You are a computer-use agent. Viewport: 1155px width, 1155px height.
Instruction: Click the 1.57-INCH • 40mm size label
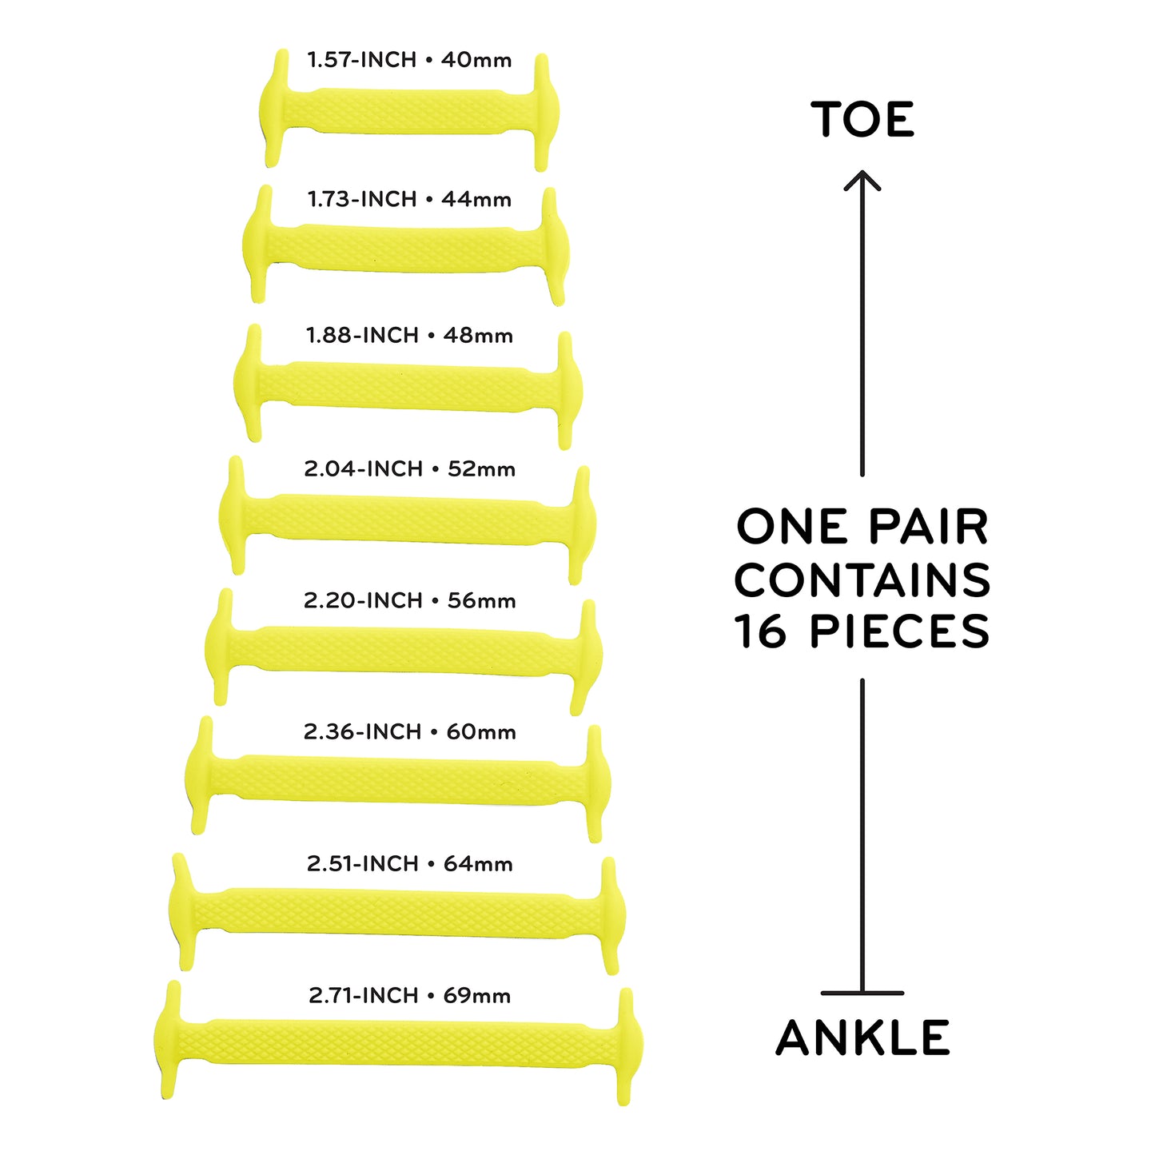pos(409,60)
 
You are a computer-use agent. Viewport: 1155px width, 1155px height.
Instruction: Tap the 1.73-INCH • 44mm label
pos(409,199)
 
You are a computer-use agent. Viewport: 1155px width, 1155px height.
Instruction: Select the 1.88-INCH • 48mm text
pos(409,335)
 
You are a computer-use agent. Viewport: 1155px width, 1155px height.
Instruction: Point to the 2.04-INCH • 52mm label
pos(409,468)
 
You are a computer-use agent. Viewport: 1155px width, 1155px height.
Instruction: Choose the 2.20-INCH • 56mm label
pos(409,600)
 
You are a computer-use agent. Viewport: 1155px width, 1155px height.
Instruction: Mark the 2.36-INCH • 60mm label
pos(409,731)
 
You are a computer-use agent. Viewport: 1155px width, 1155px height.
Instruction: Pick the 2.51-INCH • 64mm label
pos(409,863)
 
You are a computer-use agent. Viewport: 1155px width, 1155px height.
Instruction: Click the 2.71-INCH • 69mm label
pos(409,995)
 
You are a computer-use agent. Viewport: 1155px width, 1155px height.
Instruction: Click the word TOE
pos(862,119)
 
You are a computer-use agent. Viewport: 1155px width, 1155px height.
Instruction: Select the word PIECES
pos(899,631)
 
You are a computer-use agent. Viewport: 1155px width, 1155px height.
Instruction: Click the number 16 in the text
pos(759,631)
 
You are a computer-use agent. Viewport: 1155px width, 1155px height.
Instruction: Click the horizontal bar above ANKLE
pos(862,994)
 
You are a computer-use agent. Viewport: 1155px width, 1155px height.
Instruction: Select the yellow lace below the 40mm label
pos(408,110)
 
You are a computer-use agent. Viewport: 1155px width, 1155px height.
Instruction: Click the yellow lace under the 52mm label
pos(407,520)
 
